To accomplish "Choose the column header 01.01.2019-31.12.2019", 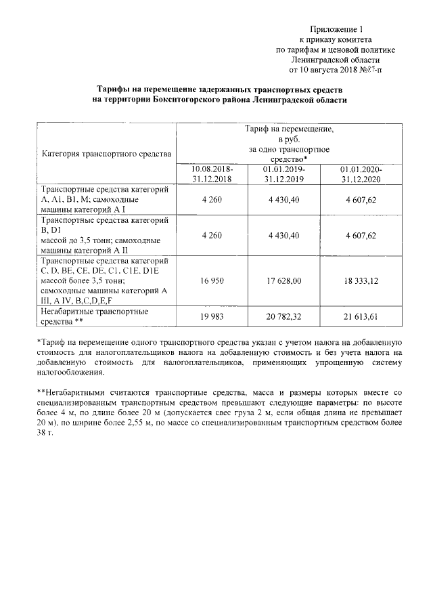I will click(x=285, y=173).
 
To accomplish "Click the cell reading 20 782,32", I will click(x=285, y=316).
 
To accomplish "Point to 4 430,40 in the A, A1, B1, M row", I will click(x=285, y=200).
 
